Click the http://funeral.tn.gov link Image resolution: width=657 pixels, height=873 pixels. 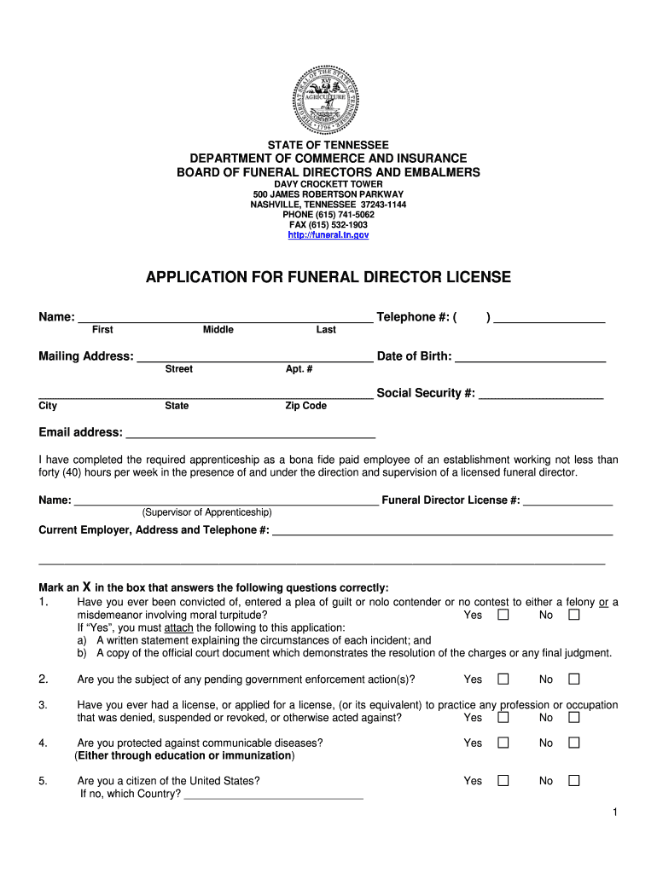328,235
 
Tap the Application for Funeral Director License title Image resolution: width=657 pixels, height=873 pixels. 328,277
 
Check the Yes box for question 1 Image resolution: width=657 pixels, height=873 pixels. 503,615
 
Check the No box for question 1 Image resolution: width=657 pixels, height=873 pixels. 574,615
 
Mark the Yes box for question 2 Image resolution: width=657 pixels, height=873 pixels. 503,679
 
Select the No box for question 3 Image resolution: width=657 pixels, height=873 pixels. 574,718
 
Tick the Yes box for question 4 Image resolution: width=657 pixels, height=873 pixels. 503,743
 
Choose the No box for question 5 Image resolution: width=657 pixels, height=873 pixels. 574,781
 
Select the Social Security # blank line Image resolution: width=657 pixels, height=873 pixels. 541,396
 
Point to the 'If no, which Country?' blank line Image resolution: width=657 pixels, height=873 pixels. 273,796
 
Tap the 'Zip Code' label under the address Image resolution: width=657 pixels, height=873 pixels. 305,406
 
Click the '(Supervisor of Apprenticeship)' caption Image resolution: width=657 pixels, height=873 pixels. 206,512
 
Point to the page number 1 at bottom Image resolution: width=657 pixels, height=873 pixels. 613,812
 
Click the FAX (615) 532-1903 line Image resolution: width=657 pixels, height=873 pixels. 328,225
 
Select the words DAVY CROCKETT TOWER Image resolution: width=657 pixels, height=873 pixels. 328,184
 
